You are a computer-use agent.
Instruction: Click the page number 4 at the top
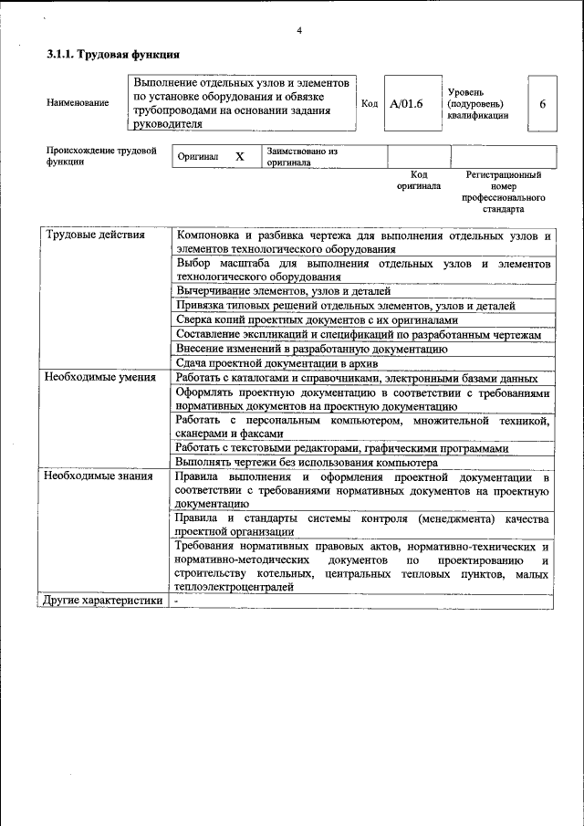[x=299, y=32]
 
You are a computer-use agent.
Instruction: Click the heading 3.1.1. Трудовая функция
[x=112, y=56]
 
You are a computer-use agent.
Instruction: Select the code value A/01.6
[x=406, y=104]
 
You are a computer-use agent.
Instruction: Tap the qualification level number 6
[x=542, y=104]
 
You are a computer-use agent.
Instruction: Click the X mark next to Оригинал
[x=240, y=157]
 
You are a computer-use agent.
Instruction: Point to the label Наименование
[x=78, y=103]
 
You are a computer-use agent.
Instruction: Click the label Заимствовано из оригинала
[x=302, y=157]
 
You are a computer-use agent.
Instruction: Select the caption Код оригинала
[x=418, y=180]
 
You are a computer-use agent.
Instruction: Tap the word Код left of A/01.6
[x=370, y=104]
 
